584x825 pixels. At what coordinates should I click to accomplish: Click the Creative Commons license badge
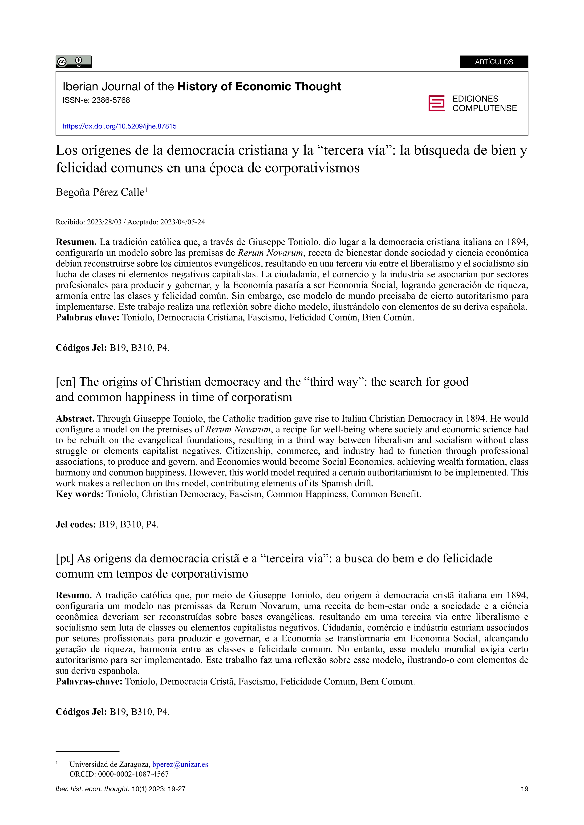pyautogui.click(x=73, y=62)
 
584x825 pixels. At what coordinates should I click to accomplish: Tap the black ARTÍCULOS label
pyautogui.click(x=494, y=62)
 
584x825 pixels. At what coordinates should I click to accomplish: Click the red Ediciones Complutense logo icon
pyautogui.click(x=436, y=104)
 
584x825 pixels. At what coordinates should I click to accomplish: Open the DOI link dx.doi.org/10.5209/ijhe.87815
pyautogui.click(x=119, y=126)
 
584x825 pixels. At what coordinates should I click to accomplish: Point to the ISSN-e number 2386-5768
pyautogui.click(x=111, y=100)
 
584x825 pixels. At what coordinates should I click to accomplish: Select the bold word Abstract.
pyautogui.click(x=75, y=418)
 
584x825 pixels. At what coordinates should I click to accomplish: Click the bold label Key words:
pyautogui.click(x=79, y=494)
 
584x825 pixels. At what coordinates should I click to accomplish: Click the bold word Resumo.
pyautogui.click(x=74, y=595)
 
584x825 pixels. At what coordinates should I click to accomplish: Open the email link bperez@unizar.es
pyautogui.click(x=180, y=764)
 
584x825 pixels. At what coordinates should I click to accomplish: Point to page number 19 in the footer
pyautogui.click(x=524, y=789)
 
